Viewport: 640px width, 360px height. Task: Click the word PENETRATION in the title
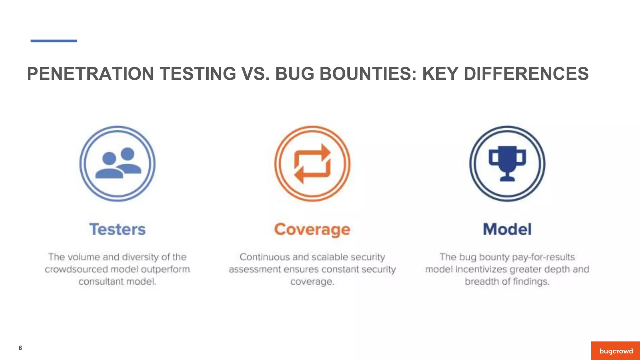click(x=90, y=74)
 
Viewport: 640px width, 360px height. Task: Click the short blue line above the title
click(x=54, y=41)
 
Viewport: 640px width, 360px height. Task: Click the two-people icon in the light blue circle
click(x=118, y=163)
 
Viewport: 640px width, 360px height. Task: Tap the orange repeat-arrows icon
click(x=312, y=163)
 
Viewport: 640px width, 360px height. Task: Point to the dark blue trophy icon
click(x=507, y=163)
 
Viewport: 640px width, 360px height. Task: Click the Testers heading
click(x=117, y=229)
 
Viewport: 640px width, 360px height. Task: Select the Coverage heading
click(x=312, y=230)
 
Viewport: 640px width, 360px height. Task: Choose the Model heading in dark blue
click(x=507, y=229)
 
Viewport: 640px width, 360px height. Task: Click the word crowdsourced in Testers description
click(x=76, y=269)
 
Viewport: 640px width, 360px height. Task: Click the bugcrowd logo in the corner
click(x=616, y=351)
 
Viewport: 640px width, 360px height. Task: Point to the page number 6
click(x=20, y=348)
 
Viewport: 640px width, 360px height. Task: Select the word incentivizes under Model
click(x=481, y=269)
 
